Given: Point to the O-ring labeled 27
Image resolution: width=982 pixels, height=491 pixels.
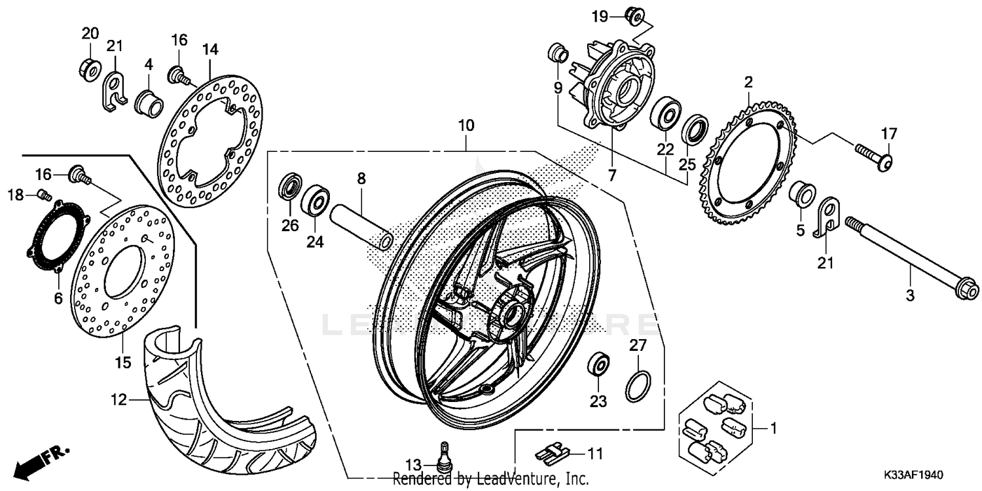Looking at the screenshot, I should point(638,387).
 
